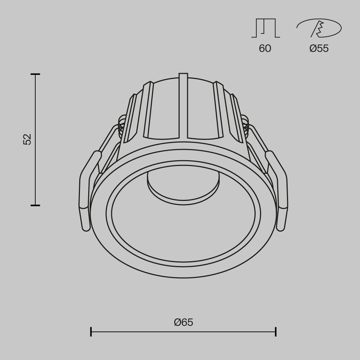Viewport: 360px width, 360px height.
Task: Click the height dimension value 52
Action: [x=28, y=139]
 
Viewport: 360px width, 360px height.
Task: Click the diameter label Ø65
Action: [x=183, y=322]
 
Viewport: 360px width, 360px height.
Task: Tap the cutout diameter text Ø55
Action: [x=319, y=48]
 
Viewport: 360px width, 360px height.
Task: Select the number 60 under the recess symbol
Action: [x=265, y=48]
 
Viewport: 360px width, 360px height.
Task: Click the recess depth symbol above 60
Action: [x=265, y=28]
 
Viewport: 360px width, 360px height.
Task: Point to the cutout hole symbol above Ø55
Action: [x=319, y=28]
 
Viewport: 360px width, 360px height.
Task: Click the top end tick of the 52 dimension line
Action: [x=35, y=74]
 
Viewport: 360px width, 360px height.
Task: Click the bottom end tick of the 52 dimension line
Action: [x=35, y=205]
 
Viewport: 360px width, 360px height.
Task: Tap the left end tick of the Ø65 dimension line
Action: [x=91, y=332]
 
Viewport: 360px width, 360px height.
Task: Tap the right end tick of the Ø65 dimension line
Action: [x=276, y=332]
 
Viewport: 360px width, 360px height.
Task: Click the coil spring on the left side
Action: [x=122, y=127]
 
